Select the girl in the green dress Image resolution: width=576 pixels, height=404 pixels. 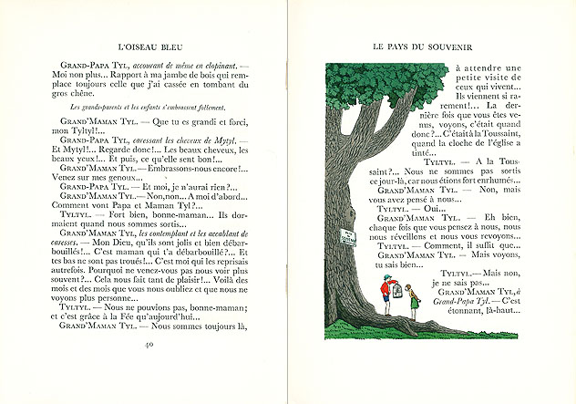coord(412,298)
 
